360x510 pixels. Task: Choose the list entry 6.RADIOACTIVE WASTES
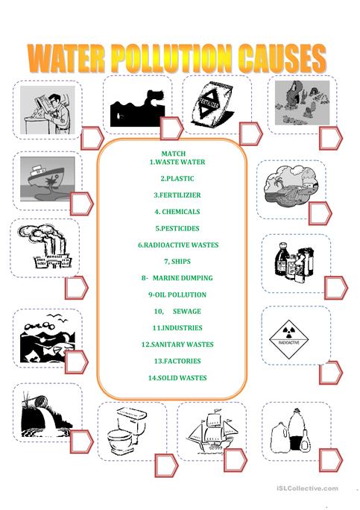177,245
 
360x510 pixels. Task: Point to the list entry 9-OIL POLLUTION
177,294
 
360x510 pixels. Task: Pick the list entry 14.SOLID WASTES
177,377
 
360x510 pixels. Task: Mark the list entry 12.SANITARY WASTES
177,344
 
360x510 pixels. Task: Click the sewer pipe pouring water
41,415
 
